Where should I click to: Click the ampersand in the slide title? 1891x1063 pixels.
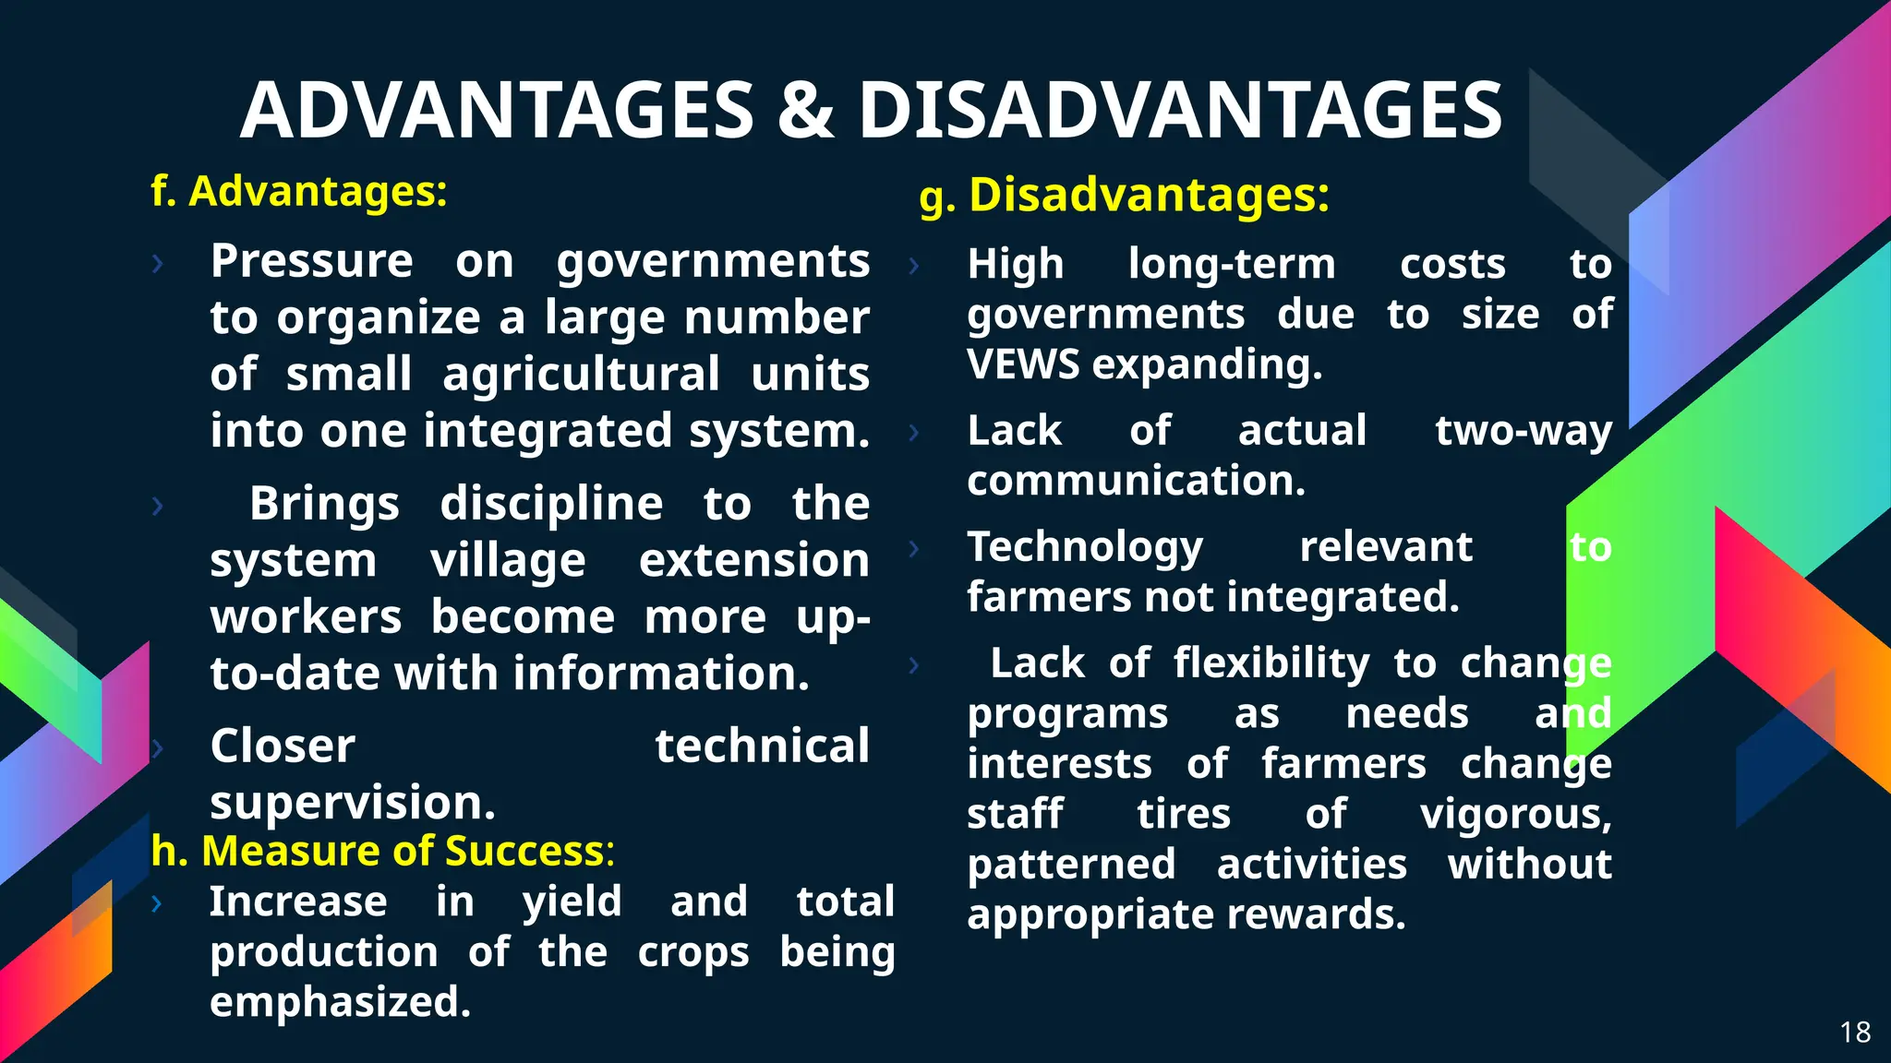click(805, 111)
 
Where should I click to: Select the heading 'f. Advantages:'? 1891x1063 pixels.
click(299, 192)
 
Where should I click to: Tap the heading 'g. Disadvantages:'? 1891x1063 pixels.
click(1125, 196)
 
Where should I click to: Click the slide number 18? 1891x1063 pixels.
click(1855, 1032)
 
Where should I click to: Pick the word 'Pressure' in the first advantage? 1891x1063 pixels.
click(312, 261)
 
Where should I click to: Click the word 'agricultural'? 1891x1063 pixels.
click(581, 375)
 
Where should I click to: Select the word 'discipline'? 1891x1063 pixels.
click(551, 504)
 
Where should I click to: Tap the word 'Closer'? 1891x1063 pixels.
click(283, 746)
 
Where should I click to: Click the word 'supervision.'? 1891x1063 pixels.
click(353, 803)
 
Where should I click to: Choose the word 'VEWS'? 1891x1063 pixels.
click(1023, 364)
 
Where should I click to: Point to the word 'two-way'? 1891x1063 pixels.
click(1524, 431)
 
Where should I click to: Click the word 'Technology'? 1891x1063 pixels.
click(1085, 547)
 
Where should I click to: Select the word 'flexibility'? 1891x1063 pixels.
click(1271, 663)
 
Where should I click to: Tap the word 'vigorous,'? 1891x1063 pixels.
click(1516, 814)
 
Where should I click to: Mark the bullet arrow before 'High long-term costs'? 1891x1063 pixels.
click(914, 266)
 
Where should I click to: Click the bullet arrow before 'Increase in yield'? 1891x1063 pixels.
click(157, 903)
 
